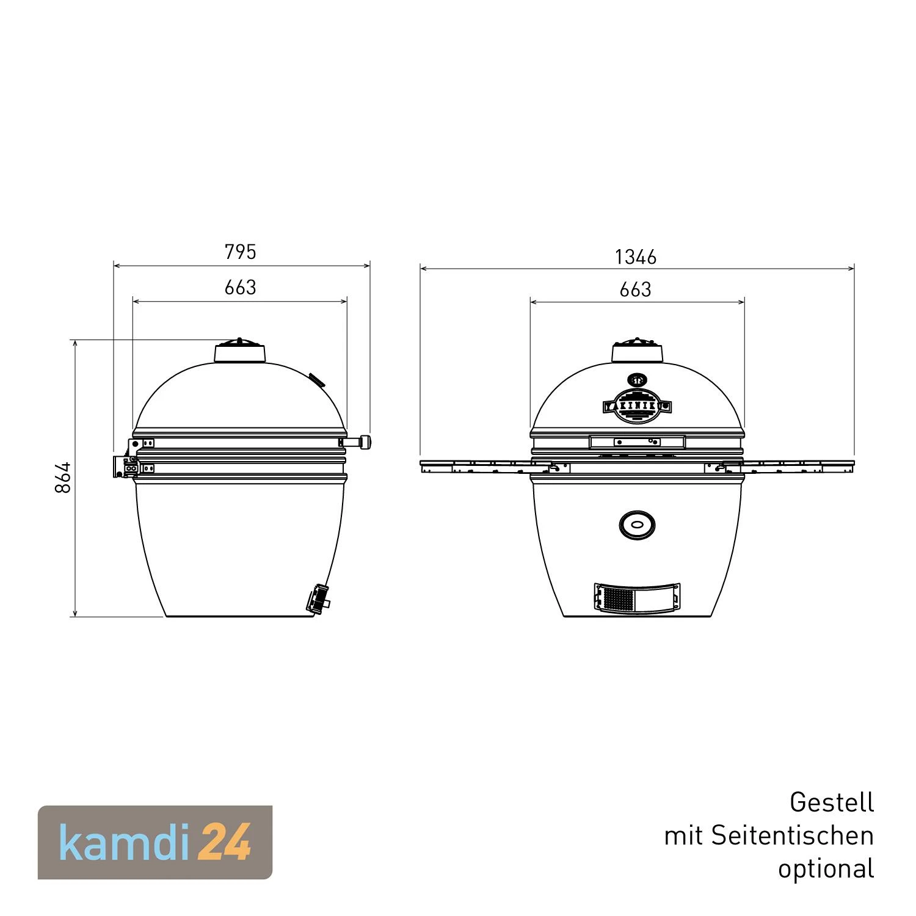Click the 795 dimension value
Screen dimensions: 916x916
(x=241, y=252)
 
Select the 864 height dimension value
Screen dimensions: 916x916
(x=63, y=478)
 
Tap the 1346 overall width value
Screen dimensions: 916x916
(x=636, y=257)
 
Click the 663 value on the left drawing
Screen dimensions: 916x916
(x=240, y=288)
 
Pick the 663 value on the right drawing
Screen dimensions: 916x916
(x=635, y=289)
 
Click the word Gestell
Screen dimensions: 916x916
(x=832, y=802)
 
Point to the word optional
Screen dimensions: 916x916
(x=826, y=868)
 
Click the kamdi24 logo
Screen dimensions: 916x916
(x=155, y=843)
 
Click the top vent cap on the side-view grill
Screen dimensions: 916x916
(x=240, y=352)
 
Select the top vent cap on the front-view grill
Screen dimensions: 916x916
(x=638, y=351)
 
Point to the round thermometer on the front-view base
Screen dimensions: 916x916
(x=637, y=525)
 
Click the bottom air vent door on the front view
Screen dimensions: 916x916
(x=637, y=597)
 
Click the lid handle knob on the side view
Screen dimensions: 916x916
(x=365, y=442)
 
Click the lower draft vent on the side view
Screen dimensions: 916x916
(x=318, y=598)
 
